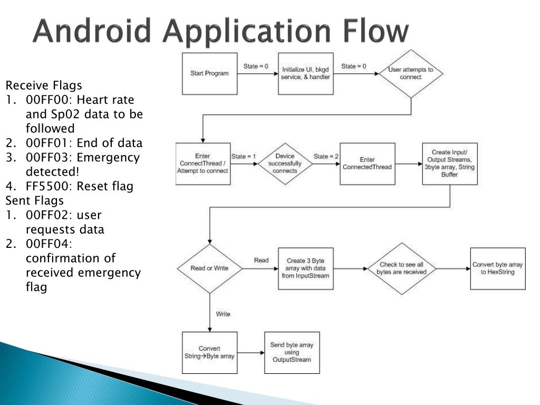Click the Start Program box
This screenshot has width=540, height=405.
(209, 73)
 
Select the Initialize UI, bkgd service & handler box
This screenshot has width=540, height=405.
(305, 73)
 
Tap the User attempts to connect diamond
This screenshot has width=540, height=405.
(411, 73)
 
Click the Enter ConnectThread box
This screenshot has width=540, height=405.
(203, 163)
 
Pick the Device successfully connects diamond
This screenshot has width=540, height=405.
(285, 163)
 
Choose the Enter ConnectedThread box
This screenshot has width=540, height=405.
(367, 163)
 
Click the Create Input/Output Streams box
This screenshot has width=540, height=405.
(450, 163)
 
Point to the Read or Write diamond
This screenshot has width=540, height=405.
(209, 268)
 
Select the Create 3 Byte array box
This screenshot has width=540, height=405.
(305, 268)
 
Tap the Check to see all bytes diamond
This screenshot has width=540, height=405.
(401, 268)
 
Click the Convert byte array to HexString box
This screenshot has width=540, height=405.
(498, 268)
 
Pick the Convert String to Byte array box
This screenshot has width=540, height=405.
(209, 353)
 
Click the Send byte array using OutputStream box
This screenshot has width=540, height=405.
(292, 353)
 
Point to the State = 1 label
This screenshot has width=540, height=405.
(244, 156)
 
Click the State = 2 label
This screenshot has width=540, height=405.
(326, 156)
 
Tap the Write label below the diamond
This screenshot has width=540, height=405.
(223, 314)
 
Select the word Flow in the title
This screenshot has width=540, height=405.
(375, 31)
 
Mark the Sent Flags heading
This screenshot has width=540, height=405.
(34, 201)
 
